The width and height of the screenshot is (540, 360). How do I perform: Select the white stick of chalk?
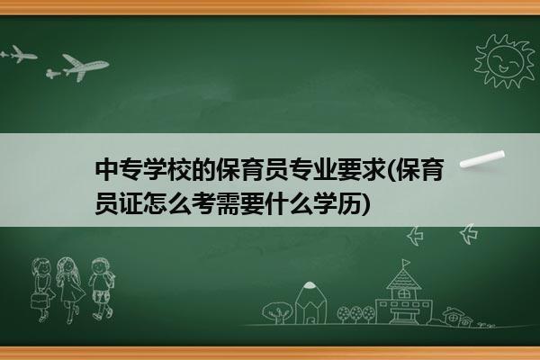pyautogui.click(x=482, y=159)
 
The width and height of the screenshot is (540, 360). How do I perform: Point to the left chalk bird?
pyautogui.click(x=416, y=236)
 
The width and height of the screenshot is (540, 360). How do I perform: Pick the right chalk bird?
pyautogui.click(x=469, y=234)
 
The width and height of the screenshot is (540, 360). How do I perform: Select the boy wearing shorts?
pyautogui.click(x=102, y=289)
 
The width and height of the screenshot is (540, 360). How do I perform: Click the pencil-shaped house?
pyautogui.click(x=310, y=303)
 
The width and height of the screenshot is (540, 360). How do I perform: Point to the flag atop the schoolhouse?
pyautogui.click(x=407, y=263)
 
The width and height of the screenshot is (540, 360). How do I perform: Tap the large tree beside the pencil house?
pyautogui.click(x=277, y=312)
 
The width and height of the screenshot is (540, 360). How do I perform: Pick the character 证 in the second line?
pyautogui.click(x=130, y=203)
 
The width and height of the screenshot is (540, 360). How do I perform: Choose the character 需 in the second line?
pyautogui.click(x=228, y=203)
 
